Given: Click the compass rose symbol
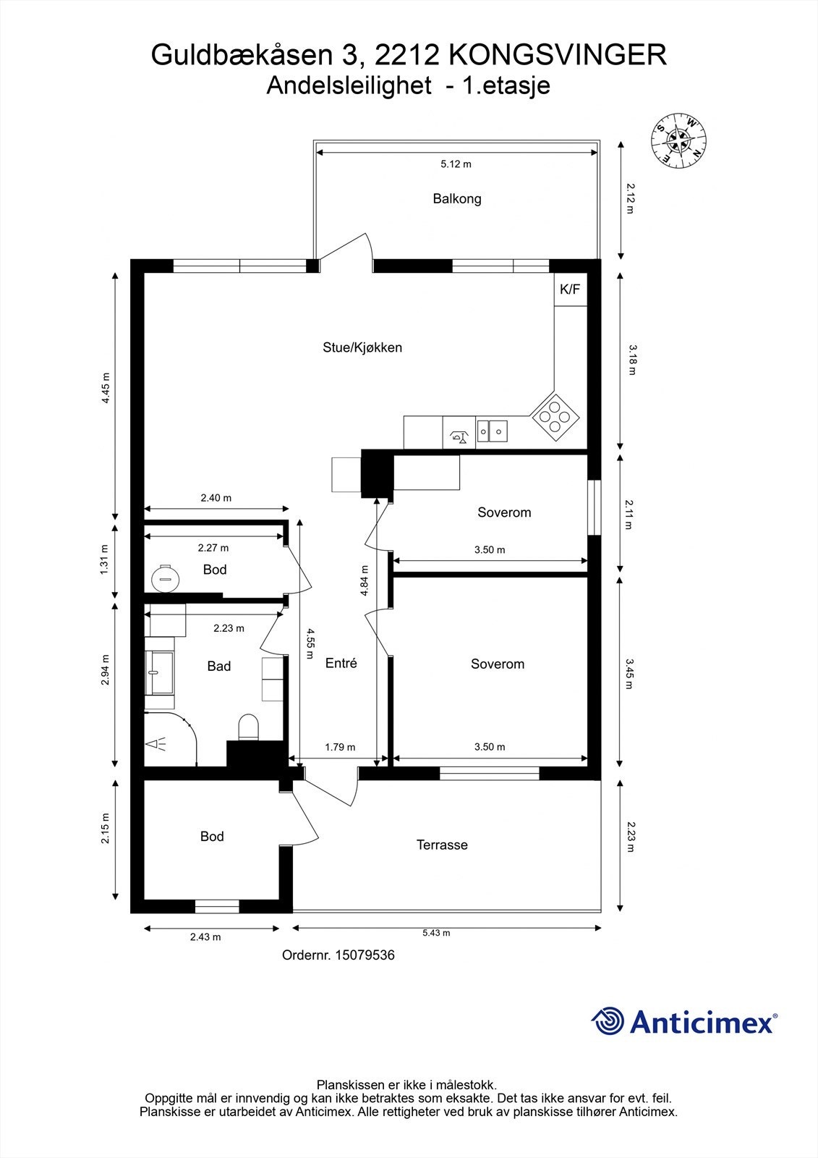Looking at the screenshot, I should (x=678, y=140).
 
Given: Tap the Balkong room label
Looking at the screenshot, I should (x=456, y=198).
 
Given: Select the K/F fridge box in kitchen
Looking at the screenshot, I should (x=569, y=289).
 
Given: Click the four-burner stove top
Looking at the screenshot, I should (x=555, y=415).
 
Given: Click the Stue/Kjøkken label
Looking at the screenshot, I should (x=362, y=347).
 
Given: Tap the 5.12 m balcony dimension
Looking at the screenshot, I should (x=456, y=164).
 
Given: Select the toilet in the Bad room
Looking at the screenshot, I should (x=248, y=727).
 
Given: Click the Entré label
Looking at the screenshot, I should (x=341, y=663).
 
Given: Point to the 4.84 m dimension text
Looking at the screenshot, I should (x=365, y=580).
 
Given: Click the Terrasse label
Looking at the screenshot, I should (x=442, y=845).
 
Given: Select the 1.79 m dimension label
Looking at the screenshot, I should (x=340, y=747).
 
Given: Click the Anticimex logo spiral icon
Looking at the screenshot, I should (x=608, y=1021).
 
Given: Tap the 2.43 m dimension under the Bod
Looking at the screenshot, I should (x=205, y=937).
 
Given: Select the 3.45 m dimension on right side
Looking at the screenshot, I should (x=629, y=673).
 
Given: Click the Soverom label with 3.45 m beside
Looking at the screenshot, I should (x=497, y=664).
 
